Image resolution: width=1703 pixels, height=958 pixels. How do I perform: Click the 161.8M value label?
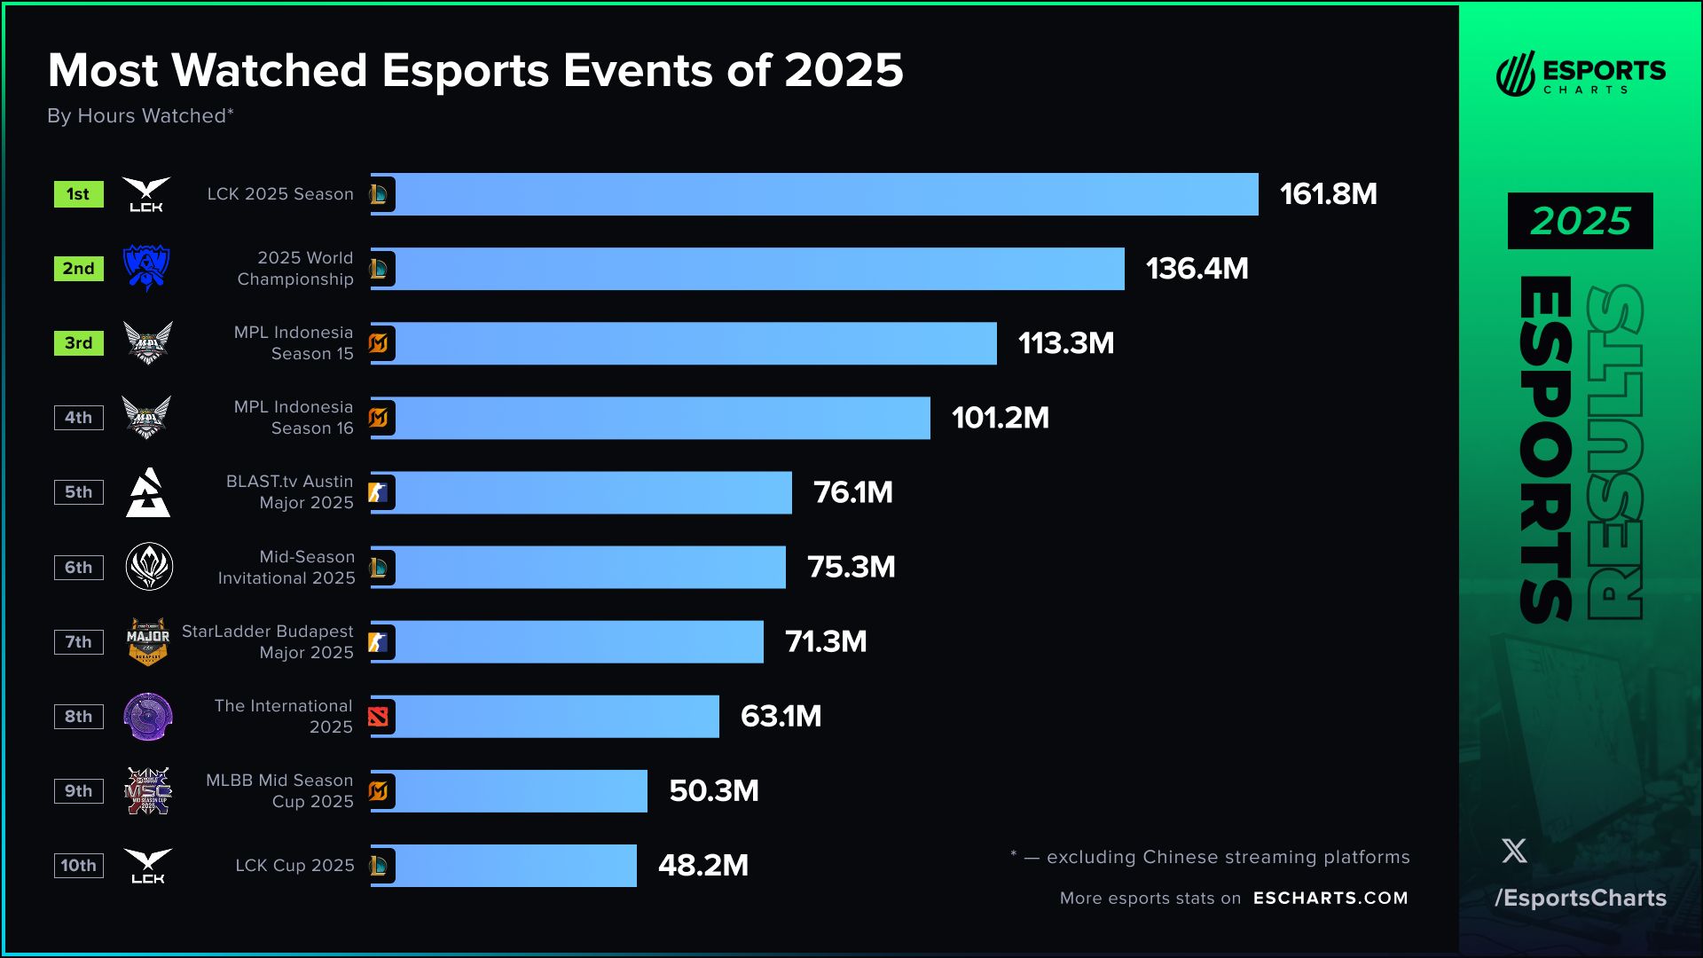pyautogui.click(x=1328, y=194)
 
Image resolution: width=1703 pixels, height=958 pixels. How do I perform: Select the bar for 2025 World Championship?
pyautogui.click(x=747, y=269)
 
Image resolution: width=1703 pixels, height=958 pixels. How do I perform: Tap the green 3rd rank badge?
pyautogui.click(x=78, y=343)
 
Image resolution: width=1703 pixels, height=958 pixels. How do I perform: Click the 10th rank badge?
pyautogui.click(x=78, y=866)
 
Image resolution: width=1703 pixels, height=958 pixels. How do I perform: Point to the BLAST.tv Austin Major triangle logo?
pyautogui.click(x=147, y=493)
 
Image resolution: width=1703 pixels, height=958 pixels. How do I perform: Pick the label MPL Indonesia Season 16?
pyautogui.click(x=294, y=418)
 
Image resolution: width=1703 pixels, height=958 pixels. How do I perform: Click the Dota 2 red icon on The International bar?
pyautogui.click(x=379, y=717)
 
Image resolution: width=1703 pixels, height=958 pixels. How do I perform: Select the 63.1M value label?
pyautogui.click(x=781, y=717)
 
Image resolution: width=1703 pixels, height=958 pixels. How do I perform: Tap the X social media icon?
pyautogui.click(x=1514, y=852)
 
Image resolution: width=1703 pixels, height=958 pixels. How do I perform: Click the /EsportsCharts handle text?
pyautogui.click(x=1580, y=898)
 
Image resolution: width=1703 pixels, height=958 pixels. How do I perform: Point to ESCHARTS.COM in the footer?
pyautogui.click(x=1330, y=898)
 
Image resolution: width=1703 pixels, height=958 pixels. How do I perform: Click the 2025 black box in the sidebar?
pyautogui.click(x=1580, y=221)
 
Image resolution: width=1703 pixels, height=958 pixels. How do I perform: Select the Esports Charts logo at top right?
pyautogui.click(x=1580, y=74)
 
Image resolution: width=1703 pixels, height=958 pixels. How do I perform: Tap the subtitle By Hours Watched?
pyautogui.click(x=140, y=116)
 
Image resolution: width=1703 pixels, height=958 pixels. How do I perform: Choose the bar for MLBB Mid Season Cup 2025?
pyautogui.click(x=508, y=791)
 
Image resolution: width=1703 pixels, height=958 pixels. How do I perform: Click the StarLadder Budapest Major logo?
pyautogui.click(x=147, y=641)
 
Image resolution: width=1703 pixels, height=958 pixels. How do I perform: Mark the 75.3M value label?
pyautogui.click(x=851, y=568)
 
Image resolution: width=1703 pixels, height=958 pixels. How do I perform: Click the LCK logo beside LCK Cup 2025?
pyautogui.click(x=147, y=866)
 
